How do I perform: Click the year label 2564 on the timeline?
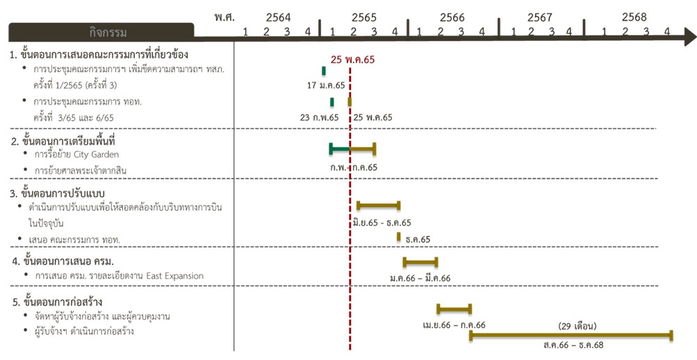click(278, 17)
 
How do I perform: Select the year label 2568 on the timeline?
click(634, 17)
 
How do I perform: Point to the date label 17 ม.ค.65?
click(325, 85)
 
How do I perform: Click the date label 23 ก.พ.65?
click(320, 117)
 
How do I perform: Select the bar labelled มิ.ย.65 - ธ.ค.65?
click(378, 205)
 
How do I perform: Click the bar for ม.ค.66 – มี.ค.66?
click(420, 262)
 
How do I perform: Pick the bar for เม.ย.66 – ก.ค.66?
click(454, 309)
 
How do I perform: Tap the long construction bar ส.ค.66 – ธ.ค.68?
click(571, 336)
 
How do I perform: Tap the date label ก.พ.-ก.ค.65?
click(354, 167)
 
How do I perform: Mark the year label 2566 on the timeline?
click(452, 17)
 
